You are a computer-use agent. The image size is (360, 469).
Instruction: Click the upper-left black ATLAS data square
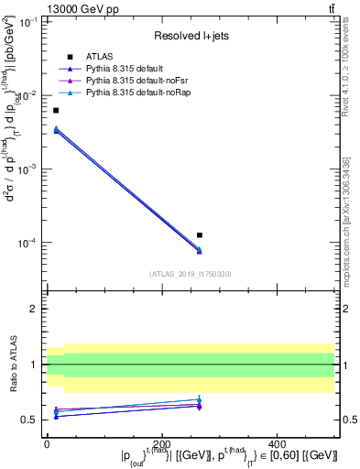point(56,110)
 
